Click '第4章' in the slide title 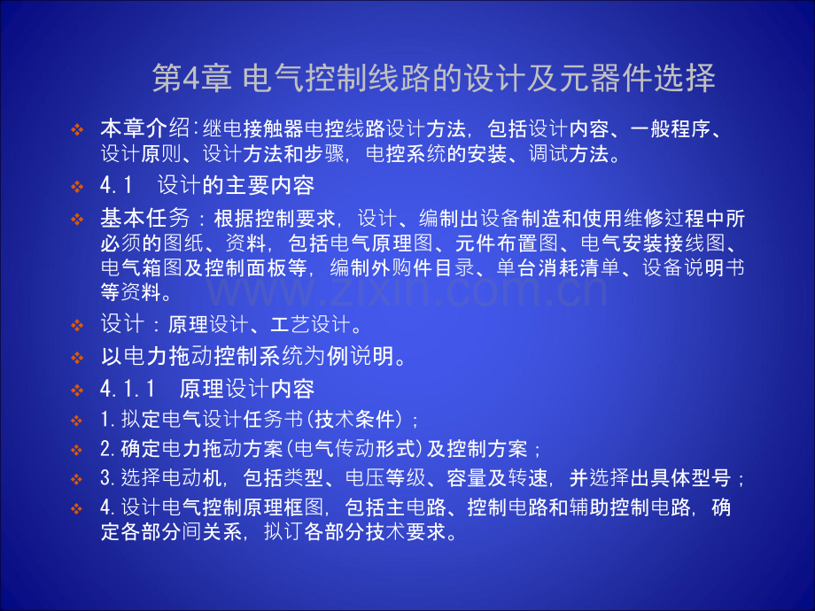[189, 79]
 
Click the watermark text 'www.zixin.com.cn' [408, 288]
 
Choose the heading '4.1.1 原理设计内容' [207, 388]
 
